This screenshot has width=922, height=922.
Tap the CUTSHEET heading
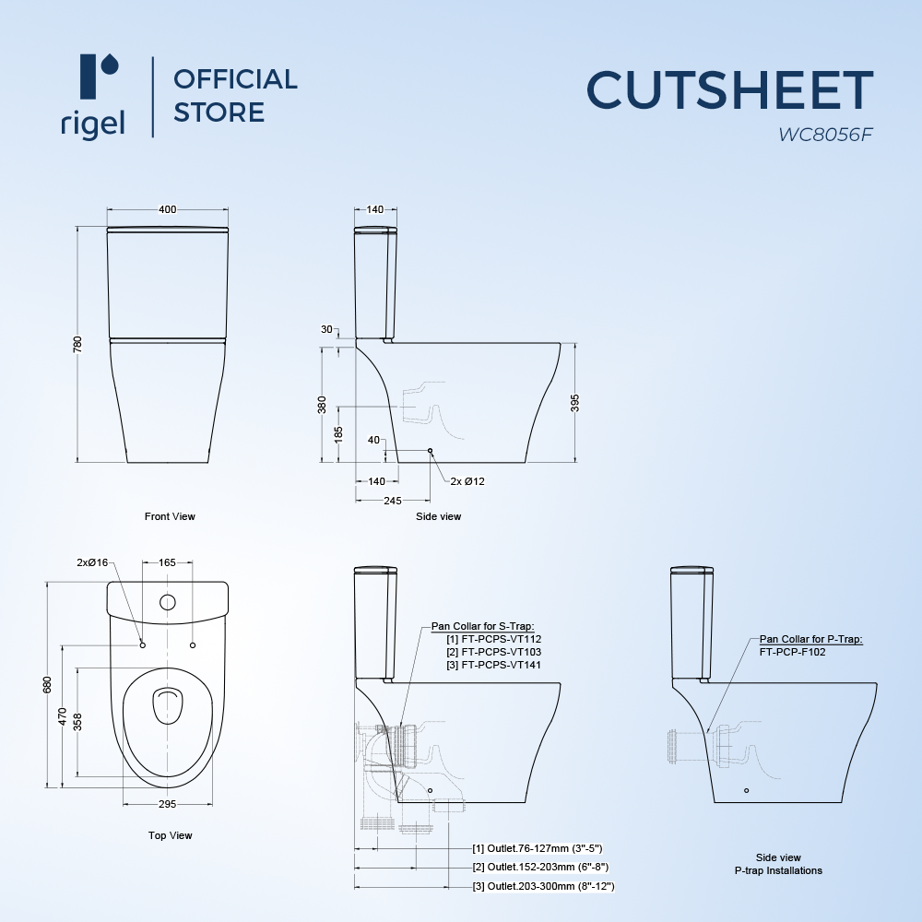[729, 90]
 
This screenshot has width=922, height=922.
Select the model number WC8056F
[824, 135]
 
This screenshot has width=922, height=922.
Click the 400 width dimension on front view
[167, 210]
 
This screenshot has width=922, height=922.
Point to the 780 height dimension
[78, 343]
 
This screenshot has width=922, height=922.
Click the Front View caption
[170, 516]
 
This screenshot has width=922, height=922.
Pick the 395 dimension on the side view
[576, 403]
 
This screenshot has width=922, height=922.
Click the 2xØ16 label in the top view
[92, 562]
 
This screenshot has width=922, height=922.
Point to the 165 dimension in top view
[167, 561]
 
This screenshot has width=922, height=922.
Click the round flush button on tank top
[168, 603]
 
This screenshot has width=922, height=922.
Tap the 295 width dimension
[167, 804]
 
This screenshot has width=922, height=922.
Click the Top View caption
[170, 835]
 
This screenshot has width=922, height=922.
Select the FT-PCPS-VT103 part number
[495, 652]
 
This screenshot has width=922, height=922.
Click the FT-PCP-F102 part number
[794, 650]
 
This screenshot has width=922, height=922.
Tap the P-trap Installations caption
[778, 870]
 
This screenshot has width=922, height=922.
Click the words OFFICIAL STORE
[235, 96]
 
